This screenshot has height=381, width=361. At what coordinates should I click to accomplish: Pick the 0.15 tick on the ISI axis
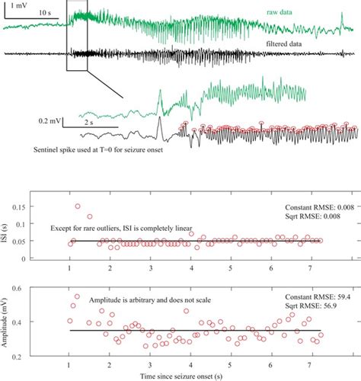pos(44,207)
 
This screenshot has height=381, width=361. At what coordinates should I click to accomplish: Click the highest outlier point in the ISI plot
pos(78,206)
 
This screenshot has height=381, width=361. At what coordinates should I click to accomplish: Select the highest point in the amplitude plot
pos(77,296)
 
